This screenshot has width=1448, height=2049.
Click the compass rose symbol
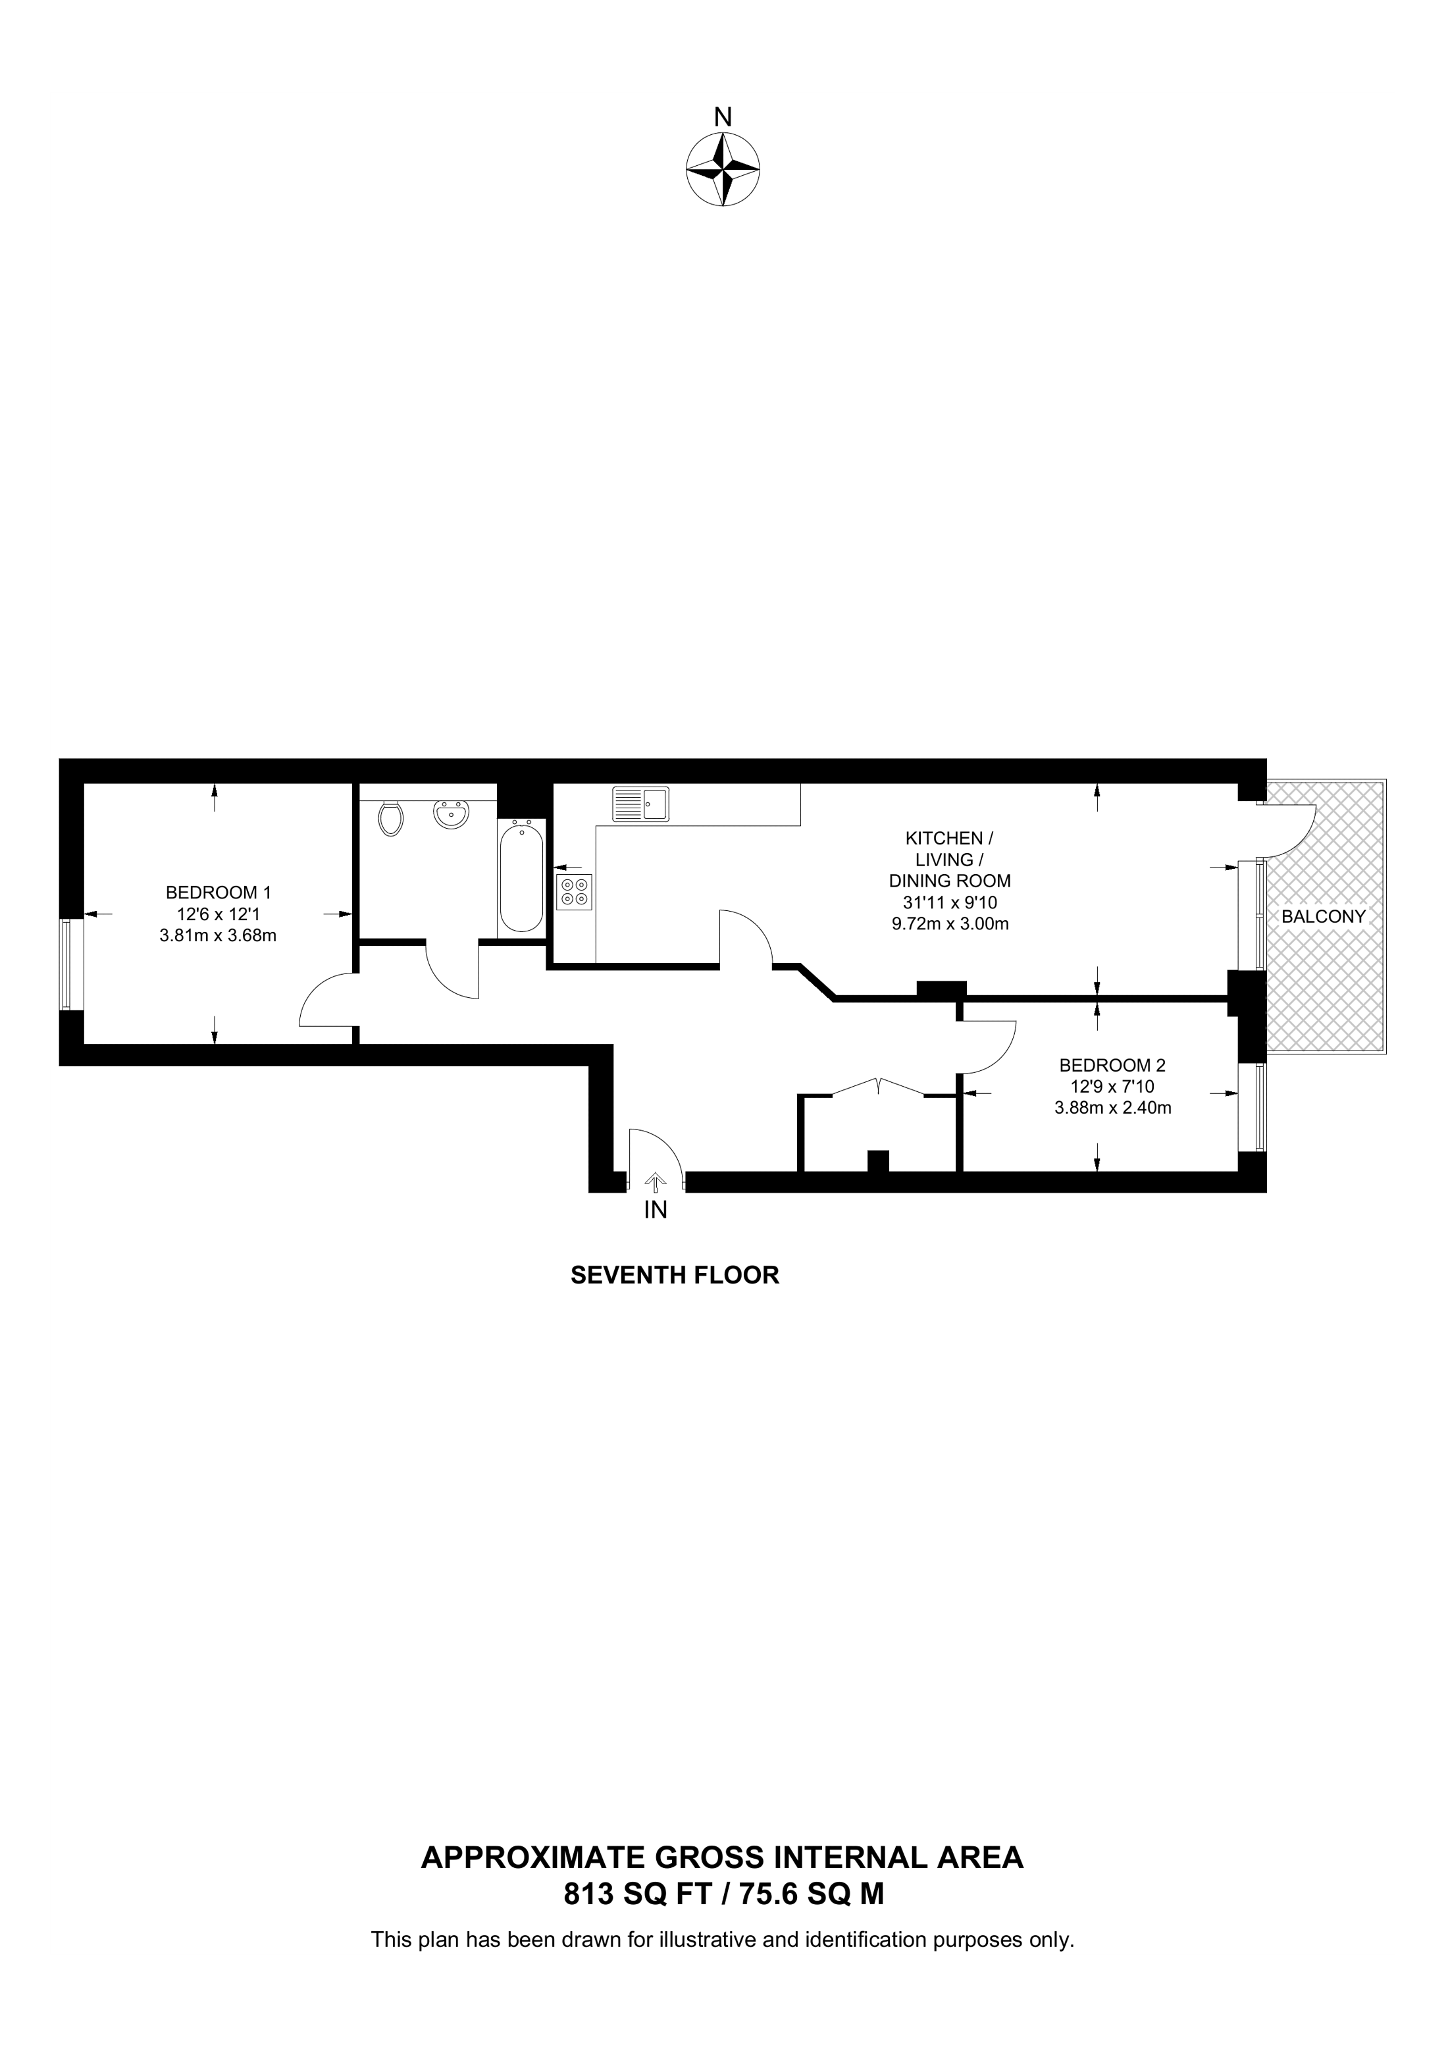pos(723,170)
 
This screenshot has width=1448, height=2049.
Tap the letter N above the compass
pos(723,117)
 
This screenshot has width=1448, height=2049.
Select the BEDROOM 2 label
pos(1112,1065)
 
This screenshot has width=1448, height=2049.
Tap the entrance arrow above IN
pos(656,1182)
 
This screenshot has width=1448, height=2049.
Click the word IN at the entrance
pos(656,1210)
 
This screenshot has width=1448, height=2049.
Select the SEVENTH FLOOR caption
pos(675,1275)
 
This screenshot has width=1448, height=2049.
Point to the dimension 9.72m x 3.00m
pos(950,923)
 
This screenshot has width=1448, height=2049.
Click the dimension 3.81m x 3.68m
pos(218,936)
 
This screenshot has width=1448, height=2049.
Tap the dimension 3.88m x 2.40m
pos(1112,1108)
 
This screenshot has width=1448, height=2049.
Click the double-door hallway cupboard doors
pos(879,1087)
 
